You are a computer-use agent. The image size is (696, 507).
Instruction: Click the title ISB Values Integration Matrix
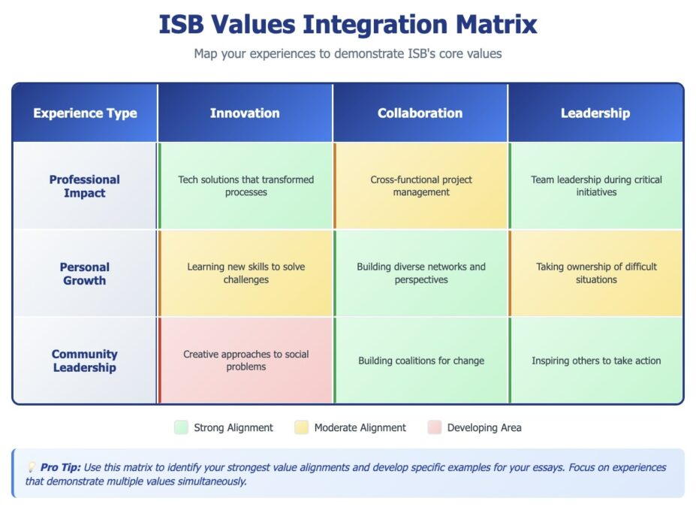point(348,24)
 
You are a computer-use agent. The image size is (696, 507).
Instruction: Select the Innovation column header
point(245,113)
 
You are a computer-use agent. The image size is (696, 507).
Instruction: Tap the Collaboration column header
point(420,113)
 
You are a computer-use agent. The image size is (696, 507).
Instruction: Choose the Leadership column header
point(595,113)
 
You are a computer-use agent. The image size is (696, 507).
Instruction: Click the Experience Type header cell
point(85,113)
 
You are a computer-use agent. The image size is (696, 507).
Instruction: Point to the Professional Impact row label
point(85,186)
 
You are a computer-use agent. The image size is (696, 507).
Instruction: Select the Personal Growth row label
point(85,273)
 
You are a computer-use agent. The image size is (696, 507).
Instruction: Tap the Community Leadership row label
point(85,361)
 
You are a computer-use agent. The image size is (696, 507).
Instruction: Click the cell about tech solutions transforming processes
point(246,186)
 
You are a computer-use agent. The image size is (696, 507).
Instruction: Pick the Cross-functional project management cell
point(421,186)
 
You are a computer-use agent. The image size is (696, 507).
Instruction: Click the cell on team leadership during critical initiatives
point(596,186)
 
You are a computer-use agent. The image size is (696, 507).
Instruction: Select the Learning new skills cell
point(246,273)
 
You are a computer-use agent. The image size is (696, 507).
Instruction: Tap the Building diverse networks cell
point(421,273)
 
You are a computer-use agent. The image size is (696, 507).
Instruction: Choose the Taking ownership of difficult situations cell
point(596,273)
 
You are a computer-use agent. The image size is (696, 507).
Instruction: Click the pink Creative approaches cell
point(246,361)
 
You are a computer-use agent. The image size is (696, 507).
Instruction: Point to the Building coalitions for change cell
point(421,361)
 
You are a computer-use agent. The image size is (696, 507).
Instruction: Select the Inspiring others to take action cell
point(596,361)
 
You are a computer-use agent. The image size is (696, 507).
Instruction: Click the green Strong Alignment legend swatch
point(180,427)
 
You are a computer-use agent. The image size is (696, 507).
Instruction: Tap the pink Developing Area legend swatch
point(434,427)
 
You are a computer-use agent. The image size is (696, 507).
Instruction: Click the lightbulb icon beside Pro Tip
point(32,467)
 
